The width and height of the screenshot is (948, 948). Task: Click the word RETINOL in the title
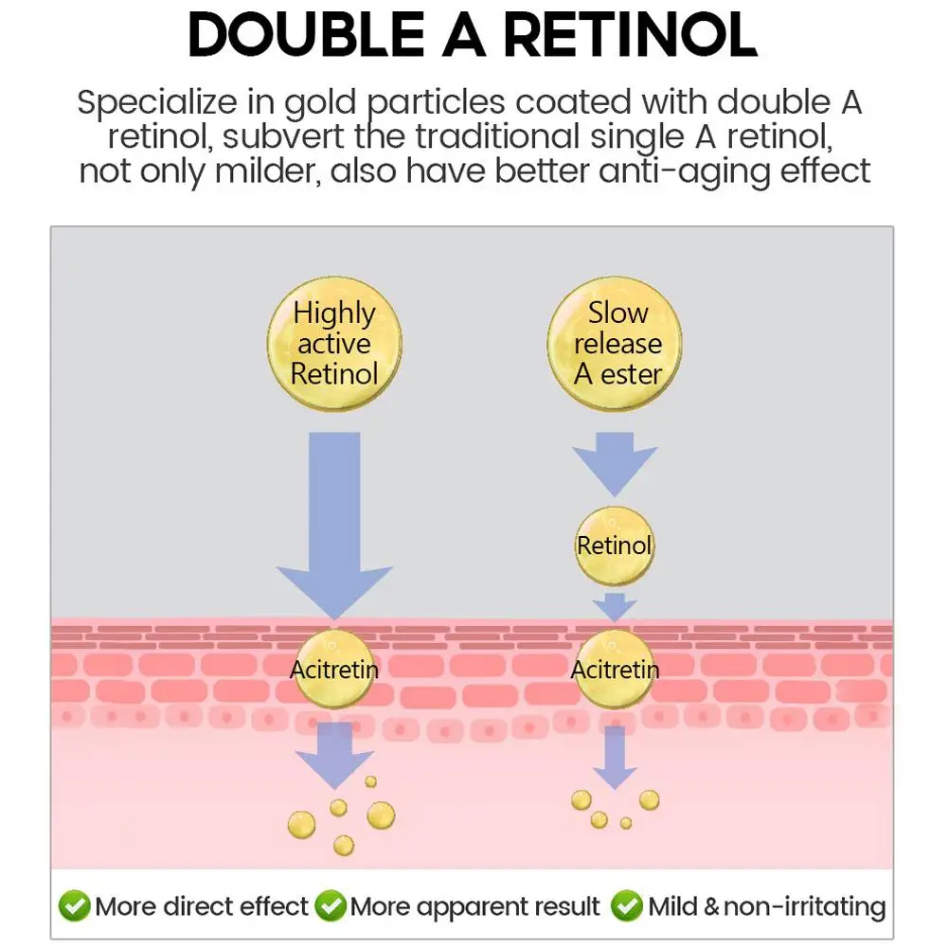(x=630, y=37)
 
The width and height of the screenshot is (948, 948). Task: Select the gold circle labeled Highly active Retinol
(x=334, y=343)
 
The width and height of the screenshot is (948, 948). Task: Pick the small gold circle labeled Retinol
(x=615, y=545)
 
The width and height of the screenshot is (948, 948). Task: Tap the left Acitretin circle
(x=334, y=670)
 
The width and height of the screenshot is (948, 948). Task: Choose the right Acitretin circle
(x=615, y=670)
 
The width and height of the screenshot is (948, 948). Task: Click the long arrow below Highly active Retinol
(x=334, y=530)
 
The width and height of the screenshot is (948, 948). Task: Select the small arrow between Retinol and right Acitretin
(x=615, y=606)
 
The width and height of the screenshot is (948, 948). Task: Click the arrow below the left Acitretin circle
(x=334, y=753)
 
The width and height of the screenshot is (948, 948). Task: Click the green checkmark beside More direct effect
(x=74, y=906)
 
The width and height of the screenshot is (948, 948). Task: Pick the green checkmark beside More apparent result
(x=330, y=906)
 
